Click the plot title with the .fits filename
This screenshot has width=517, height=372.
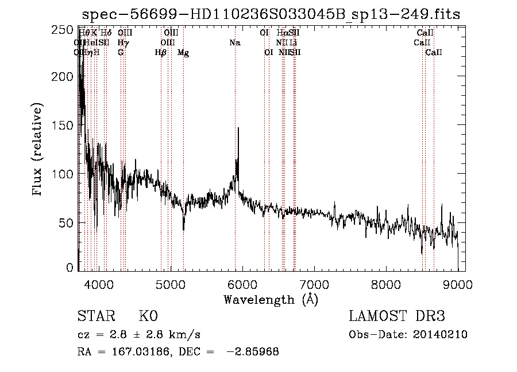pos(271,14)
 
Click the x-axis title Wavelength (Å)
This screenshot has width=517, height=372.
pos(271,299)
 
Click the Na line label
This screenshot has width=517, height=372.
pos(234,42)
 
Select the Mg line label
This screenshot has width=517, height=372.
pos(183,53)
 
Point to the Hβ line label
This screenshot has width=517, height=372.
pos(161,53)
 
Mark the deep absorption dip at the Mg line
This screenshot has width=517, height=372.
pos(184,229)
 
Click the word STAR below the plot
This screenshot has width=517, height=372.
pos(95,316)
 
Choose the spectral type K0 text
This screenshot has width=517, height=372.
pos(148,316)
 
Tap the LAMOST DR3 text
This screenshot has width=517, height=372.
pos(397,316)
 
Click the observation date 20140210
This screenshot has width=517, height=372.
pos(441,335)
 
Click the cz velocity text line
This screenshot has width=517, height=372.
pos(138,335)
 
